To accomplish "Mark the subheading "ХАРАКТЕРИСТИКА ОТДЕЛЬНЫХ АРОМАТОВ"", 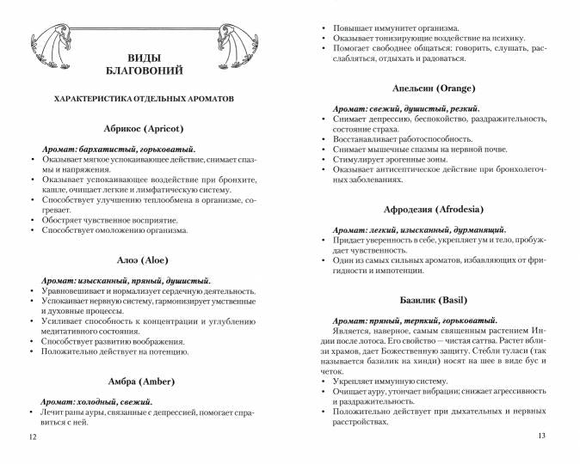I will pos(143,99).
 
